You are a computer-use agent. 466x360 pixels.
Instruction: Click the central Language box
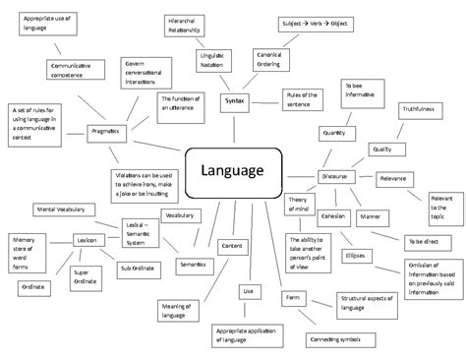point(233,170)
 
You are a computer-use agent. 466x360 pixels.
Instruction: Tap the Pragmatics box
point(107,131)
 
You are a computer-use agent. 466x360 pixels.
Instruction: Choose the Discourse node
point(333,175)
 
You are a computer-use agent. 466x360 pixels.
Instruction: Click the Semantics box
point(191,264)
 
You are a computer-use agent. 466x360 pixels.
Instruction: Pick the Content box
point(232,245)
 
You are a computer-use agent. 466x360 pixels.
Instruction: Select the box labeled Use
point(248,291)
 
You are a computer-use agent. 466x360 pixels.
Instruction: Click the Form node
point(292,296)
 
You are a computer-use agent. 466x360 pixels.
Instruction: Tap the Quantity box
point(333,131)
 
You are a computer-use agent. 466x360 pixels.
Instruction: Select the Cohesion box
point(333,214)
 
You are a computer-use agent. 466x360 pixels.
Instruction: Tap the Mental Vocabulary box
point(59,209)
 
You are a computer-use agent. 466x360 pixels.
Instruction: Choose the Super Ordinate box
point(83,276)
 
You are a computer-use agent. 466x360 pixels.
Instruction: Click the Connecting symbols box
point(335,339)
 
